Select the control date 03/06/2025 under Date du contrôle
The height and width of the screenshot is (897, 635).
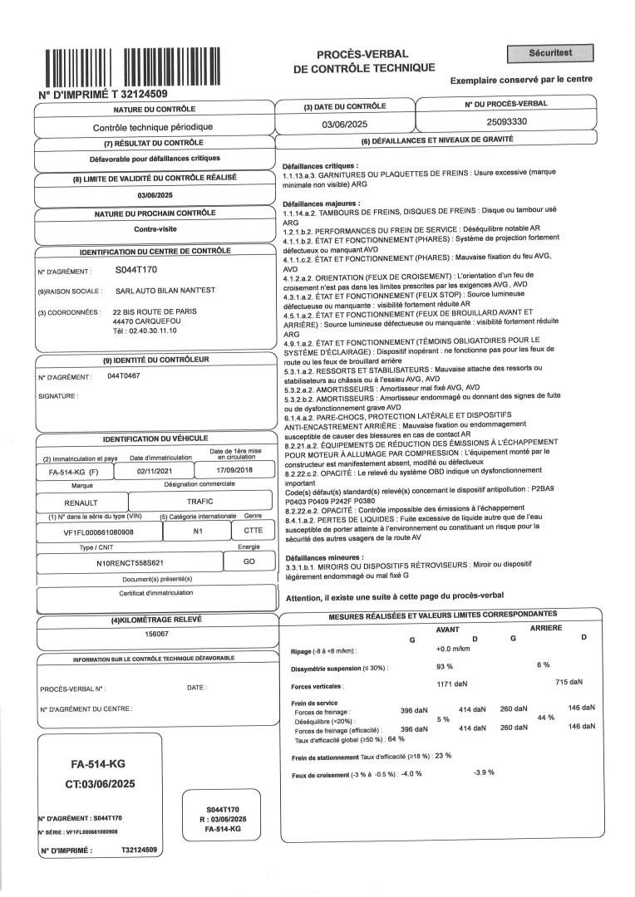click(x=343, y=125)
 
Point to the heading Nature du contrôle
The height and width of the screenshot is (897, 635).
click(x=154, y=109)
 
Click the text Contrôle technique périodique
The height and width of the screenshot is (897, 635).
click(x=153, y=127)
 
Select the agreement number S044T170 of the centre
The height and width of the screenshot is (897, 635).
click(x=136, y=270)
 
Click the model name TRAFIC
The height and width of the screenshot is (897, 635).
click(x=200, y=502)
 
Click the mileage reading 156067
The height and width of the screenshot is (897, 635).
click(x=156, y=633)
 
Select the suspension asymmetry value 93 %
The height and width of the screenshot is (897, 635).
click(x=444, y=666)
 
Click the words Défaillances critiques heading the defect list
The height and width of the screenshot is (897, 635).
click(x=320, y=166)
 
